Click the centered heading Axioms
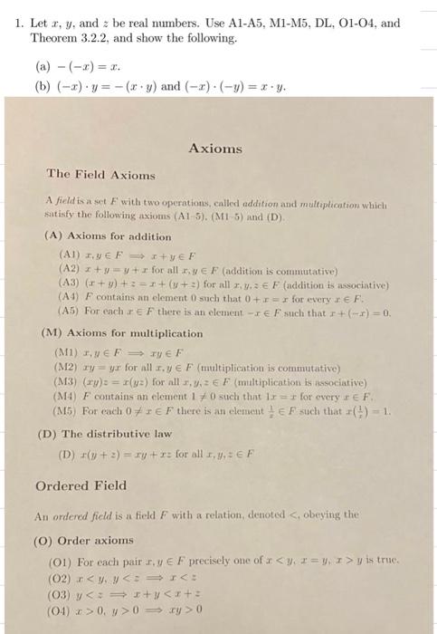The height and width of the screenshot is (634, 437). [215, 148]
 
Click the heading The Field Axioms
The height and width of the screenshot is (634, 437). [89, 174]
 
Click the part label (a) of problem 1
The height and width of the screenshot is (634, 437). [40, 66]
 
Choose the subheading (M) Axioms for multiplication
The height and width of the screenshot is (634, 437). [123, 332]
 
